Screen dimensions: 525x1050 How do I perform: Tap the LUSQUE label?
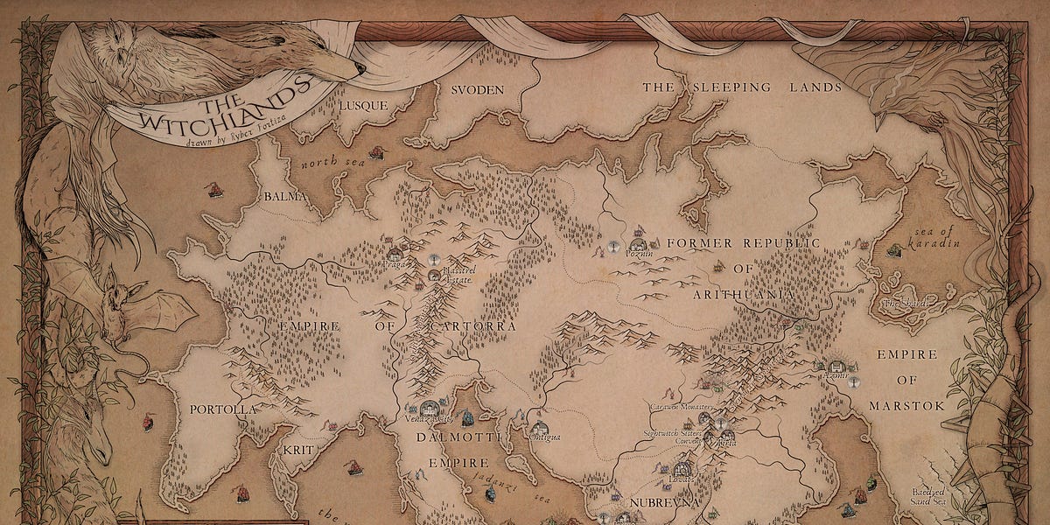[x=361, y=104]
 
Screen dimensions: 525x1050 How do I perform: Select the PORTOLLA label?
[x=223, y=409]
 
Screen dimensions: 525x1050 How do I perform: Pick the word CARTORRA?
[x=472, y=326]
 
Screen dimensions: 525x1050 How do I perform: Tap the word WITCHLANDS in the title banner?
[x=222, y=111]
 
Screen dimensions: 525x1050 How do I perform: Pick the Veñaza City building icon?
[x=429, y=408]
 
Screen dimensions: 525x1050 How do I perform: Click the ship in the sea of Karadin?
[x=893, y=250]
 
